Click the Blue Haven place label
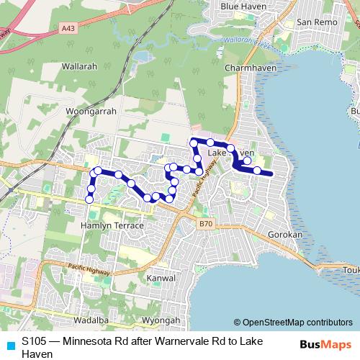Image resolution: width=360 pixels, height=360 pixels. [243, 6]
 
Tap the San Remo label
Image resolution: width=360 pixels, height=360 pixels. [312, 22]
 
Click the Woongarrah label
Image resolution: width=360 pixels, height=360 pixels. [91, 112]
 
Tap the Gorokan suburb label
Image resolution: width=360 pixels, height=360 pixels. [287, 235]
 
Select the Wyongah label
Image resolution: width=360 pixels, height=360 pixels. [161, 320]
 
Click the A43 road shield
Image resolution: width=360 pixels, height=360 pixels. [68, 28]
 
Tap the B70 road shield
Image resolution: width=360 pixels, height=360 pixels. [205, 225]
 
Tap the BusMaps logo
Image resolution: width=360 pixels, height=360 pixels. [325, 344]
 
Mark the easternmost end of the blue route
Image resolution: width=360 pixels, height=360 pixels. [271, 174]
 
